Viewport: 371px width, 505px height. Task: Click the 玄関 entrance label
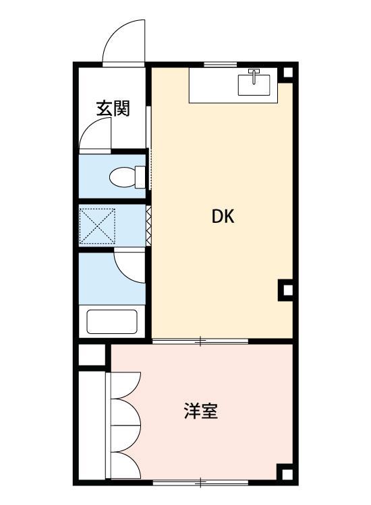click(x=113, y=108)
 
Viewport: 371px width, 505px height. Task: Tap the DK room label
click(x=223, y=217)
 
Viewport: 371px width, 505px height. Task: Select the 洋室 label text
click(x=200, y=411)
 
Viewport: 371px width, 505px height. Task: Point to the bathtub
click(x=112, y=321)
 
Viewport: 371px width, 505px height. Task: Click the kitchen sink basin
click(x=254, y=85)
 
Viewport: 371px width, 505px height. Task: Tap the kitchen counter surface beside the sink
click(x=212, y=86)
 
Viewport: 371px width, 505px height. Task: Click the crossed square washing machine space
click(x=98, y=226)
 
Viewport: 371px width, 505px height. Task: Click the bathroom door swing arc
click(x=130, y=264)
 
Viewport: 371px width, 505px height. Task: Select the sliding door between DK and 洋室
click(x=200, y=342)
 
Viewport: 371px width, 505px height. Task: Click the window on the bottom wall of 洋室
click(x=200, y=482)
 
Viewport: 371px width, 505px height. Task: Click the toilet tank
click(x=140, y=177)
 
